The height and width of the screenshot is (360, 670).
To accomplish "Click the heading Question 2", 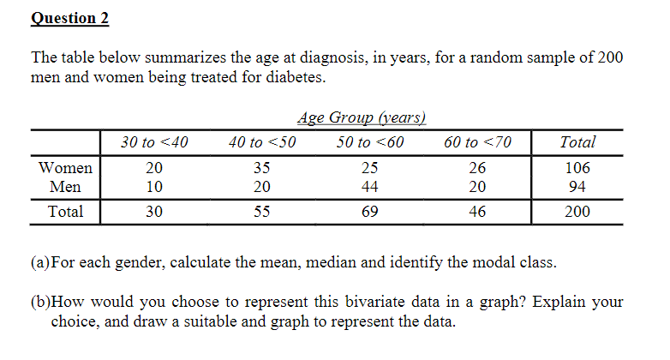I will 70,18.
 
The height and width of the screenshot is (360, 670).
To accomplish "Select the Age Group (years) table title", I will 361,118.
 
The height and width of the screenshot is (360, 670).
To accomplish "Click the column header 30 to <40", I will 153,142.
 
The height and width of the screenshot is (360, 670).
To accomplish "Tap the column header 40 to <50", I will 262,142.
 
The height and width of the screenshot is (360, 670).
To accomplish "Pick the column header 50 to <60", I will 370,142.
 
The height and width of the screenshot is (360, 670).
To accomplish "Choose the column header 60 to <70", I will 478,142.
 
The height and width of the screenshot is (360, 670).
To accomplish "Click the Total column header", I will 577,142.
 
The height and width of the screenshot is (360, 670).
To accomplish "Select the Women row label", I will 66,169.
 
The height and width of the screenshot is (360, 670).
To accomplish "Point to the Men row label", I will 66,186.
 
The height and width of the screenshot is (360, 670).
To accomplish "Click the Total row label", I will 66,211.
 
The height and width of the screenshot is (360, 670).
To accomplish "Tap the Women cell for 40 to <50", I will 262,169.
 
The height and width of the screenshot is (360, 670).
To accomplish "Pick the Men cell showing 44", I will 370,186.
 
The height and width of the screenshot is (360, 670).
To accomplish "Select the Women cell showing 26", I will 478,169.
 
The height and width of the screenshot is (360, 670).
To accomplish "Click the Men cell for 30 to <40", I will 153,186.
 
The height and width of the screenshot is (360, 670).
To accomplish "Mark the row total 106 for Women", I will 577,169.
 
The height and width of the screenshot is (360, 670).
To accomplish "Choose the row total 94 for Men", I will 577,186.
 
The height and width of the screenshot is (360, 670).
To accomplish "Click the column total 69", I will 370,211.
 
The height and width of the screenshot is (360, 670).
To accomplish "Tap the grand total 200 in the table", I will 577,211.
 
